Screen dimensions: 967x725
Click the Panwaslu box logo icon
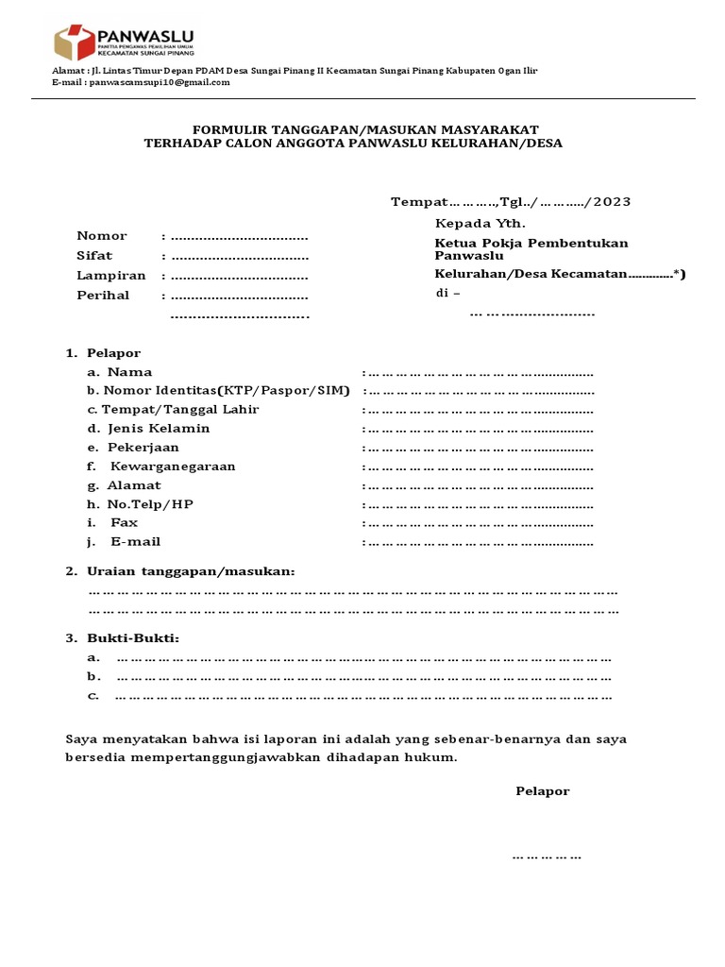click(74, 43)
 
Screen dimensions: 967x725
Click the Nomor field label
click(101, 236)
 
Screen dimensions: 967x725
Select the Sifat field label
click(94, 256)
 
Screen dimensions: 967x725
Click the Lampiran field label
click(110, 276)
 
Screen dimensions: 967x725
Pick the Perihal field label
click(103, 296)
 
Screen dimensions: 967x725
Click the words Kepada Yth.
click(480, 224)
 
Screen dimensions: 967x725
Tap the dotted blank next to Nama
click(479, 373)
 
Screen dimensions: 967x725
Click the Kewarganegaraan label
click(173, 467)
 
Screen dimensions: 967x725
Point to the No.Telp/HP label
click(150, 504)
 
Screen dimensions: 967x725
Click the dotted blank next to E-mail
click(479, 543)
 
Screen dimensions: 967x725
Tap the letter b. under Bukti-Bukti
click(93, 677)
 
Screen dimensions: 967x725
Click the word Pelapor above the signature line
click(542, 791)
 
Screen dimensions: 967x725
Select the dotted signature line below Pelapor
click(547, 857)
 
